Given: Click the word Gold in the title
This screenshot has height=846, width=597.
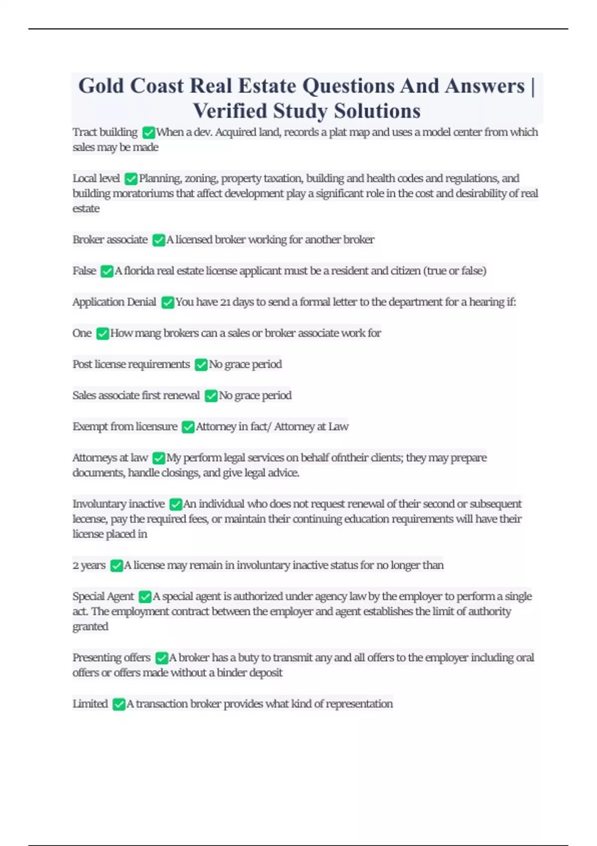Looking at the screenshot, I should pos(101,86).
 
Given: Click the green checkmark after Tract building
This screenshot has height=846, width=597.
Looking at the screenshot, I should pos(148,132).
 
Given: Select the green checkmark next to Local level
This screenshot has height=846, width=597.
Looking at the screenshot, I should pos(131,179).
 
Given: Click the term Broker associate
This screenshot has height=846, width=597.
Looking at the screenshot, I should pos(110,240).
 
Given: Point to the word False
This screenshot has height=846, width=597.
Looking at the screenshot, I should pos(84,271).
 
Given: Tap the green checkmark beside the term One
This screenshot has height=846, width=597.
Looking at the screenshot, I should pos(102,333).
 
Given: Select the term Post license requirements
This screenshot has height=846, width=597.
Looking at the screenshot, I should pos(131,364).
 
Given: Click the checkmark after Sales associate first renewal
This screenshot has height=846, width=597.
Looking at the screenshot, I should pos(211,396).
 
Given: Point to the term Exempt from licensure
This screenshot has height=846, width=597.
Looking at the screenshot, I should pos(125,426).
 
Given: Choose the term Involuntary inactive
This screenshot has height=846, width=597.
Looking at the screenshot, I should pos(118,504).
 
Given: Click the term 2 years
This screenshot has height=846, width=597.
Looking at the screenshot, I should pos(89,565).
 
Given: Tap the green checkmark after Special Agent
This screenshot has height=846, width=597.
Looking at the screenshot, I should pos(145,597).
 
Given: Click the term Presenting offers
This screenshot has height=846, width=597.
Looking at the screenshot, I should pos(111,658).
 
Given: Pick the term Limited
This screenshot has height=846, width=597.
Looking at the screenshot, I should pos(90,704).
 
